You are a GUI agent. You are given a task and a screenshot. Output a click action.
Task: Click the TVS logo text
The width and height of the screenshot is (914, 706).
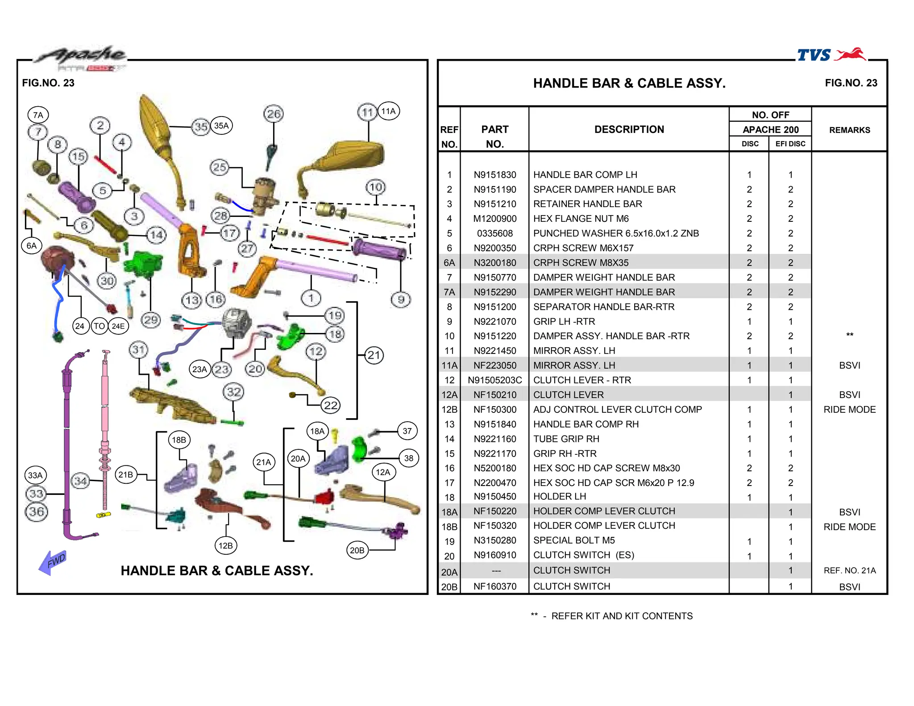(x=814, y=55)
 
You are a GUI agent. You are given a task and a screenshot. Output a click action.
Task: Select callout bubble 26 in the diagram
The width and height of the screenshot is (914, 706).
(x=274, y=114)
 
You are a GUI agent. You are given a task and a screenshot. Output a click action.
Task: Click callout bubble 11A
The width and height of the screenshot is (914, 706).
(x=388, y=111)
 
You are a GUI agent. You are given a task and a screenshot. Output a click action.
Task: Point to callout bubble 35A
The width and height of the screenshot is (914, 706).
(x=221, y=126)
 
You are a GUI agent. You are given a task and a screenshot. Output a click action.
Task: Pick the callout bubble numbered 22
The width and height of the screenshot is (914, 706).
(x=331, y=405)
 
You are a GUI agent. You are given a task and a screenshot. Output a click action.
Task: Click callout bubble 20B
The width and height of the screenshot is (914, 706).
(x=357, y=550)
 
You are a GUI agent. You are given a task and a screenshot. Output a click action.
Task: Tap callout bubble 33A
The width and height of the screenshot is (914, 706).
(x=35, y=475)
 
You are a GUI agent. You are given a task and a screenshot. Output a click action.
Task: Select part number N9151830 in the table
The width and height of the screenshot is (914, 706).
(x=495, y=175)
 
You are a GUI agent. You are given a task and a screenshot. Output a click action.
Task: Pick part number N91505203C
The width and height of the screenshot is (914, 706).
(x=494, y=380)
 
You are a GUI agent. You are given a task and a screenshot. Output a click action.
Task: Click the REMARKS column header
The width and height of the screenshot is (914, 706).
(x=849, y=130)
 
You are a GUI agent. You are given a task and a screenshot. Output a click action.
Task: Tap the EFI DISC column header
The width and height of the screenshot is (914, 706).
(x=790, y=144)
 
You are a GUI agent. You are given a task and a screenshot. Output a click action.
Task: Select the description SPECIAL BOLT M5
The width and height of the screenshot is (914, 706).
(x=574, y=540)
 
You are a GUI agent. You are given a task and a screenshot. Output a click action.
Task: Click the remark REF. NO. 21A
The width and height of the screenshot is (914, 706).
(x=849, y=570)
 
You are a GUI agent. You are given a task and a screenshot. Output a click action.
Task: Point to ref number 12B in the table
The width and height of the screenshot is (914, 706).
(x=449, y=410)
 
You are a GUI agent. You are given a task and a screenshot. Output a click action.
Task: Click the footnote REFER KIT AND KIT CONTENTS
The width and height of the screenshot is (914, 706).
(x=622, y=616)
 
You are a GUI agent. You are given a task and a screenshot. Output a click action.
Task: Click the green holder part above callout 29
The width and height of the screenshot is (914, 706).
(x=143, y=263)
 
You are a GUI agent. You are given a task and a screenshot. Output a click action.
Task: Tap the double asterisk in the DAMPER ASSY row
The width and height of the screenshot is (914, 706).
(x=849, y=335)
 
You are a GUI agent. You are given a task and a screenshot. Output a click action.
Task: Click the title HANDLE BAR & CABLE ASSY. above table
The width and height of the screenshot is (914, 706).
(x=629, y=83)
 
